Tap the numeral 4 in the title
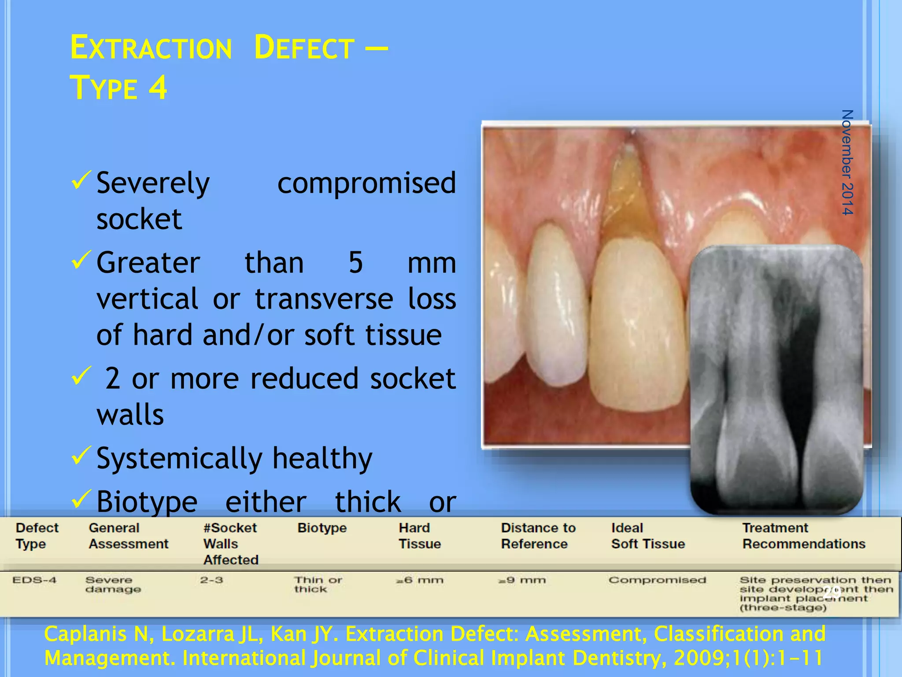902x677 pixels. [x=158, y=87]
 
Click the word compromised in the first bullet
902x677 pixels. [x=366, y=183]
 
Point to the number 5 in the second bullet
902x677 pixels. [x=355, y=263]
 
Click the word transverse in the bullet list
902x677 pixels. [x=324, y=299]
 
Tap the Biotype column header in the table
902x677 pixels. [x=322, y=528]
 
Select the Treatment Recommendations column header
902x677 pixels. [x=803, y=536]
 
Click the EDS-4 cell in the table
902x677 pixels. [x=34, y=580]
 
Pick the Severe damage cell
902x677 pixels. [x=113, y=584]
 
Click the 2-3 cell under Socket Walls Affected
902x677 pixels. [x=211, y=580]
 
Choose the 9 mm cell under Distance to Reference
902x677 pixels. [x=522, y=580]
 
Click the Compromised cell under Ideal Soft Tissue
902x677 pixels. [x=657, y=580]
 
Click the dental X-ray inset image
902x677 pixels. [x=776, y=379]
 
